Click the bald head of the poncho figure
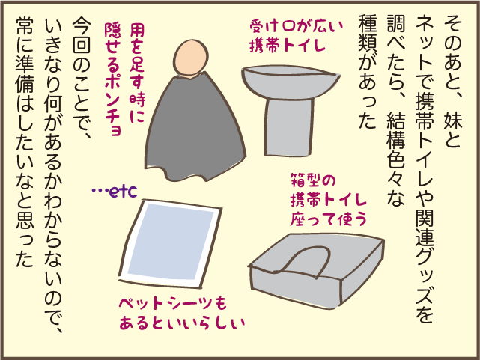click(x=190, y=58)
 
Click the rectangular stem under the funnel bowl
click(x=289, y=126)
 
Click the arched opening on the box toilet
click(x=306, y=260)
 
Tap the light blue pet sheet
click(x=170, y=243)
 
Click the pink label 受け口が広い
click(x=296, y=27)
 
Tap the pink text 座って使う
click(x=328, y=219)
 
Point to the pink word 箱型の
click(x=313, y=180)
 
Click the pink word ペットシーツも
click(x=173, y=303)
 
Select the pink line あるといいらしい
click(x=182, y=323)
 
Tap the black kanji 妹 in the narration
click(x=453, y=119)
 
